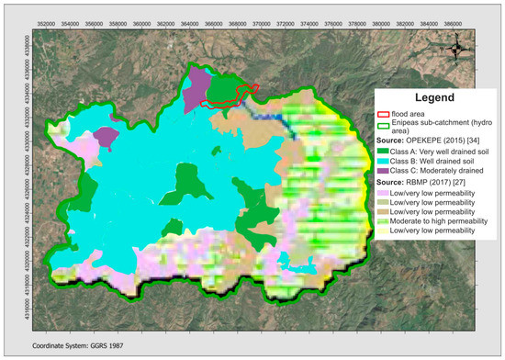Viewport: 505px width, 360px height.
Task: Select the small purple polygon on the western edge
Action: click(x=106, y=138)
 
